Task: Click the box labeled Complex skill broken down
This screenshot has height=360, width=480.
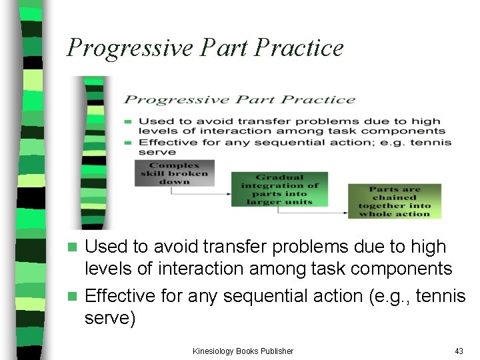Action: coord(175,173)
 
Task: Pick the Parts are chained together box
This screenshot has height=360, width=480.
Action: coord(394,201)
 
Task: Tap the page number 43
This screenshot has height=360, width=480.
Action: coord(458,351)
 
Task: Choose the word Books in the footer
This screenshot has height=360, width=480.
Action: coord(245,351)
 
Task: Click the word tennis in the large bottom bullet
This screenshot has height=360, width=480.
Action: coord(440,295)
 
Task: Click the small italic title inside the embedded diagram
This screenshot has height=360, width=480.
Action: coord(240,100)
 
